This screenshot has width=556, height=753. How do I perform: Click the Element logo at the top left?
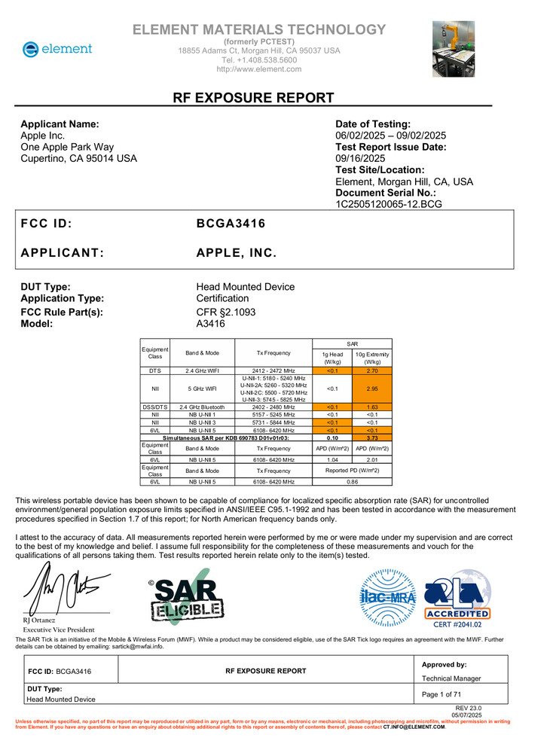[57, 49]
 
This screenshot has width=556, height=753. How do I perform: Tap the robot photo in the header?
[453, 49]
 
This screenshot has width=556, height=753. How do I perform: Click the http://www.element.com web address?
[258, 69]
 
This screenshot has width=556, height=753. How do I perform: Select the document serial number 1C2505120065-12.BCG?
[389, 204]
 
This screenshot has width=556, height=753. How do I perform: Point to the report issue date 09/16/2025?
[359, 159]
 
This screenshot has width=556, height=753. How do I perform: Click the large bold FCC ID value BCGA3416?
[231, 224]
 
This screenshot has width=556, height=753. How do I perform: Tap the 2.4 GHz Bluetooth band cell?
[202, 407]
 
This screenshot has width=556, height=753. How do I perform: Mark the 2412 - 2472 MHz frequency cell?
[273, 371]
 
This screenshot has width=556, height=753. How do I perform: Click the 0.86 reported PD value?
[352, 481]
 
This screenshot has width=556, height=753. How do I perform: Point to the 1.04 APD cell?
[332, 459]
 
